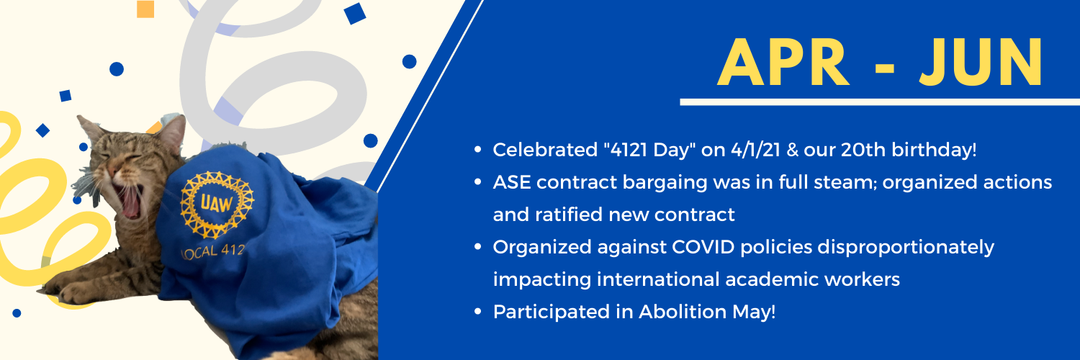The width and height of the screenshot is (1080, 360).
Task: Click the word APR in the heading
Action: tap(783, 62)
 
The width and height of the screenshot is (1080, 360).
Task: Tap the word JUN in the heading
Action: tap(981, 62)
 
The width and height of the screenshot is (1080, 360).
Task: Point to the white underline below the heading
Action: tap(880, 102)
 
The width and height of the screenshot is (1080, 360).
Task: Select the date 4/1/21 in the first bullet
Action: tap(755, 150)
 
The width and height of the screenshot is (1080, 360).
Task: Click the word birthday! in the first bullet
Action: tap(934, 150)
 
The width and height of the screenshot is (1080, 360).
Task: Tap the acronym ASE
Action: tap(511, 182)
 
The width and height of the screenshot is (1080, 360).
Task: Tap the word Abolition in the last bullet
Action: tap(683, 312)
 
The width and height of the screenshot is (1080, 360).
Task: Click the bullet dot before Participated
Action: tap(478, 311)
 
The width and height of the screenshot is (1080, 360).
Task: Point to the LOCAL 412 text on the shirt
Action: tap(214, 251)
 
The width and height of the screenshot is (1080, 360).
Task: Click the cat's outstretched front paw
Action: tap(76, 292)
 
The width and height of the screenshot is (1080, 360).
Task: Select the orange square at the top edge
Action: tap(145, 9)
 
